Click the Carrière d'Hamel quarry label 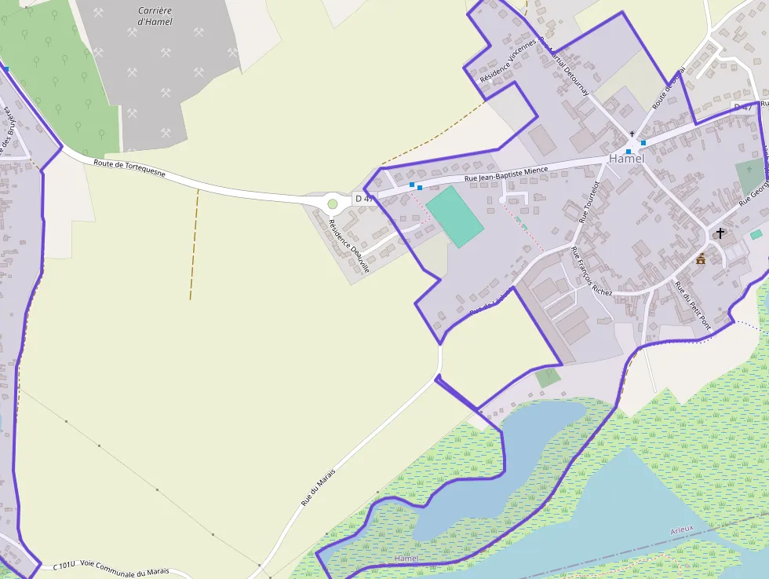(155, 16)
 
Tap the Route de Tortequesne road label (129, 168)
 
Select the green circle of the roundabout (333, 204)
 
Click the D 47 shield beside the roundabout (363, 198)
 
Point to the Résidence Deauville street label (349, 246)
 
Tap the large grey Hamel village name (626, 159)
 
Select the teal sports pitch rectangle (454, 216)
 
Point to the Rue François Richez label (591, 271)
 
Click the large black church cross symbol (720, 233)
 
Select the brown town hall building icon (701, 258)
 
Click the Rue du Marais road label (318, 487)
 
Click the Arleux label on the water (682, 530)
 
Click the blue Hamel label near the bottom (406, 558)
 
